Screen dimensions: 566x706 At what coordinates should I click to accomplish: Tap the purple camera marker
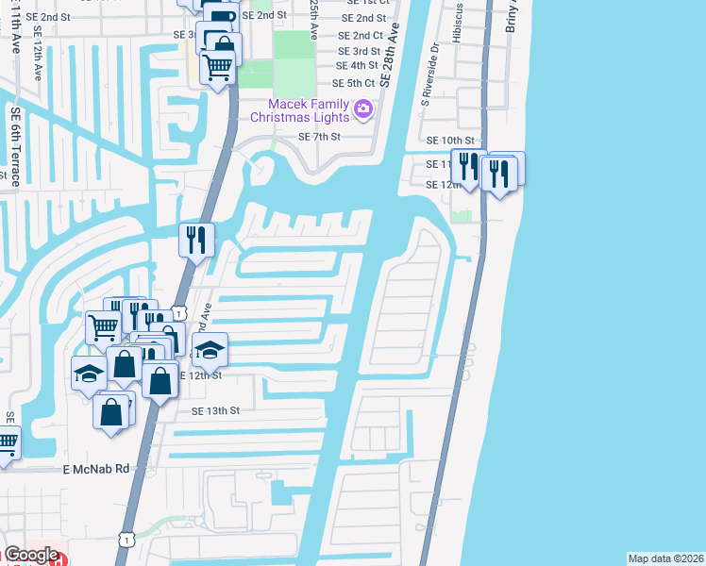pyautogui.click(x=362, y=112)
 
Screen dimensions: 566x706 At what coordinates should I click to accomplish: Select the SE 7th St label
pyautogui.click(x=318, y=137)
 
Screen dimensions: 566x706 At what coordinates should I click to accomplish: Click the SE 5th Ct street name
pyautogui.click(x=355, y=83)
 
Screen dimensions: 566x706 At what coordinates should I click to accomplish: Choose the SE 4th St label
pyautogui.click(x=358, y=66)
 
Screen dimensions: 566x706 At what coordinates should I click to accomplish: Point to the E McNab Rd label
pyautogui.click(x=95, y=469)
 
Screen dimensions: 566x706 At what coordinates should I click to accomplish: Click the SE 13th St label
pyautogui.click(x=216, y=411)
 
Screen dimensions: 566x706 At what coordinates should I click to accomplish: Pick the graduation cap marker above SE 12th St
pyautogui.click(x=210, y=349)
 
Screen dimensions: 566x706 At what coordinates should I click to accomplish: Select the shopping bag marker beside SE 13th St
pyautogui.click(x=112, y=411)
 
